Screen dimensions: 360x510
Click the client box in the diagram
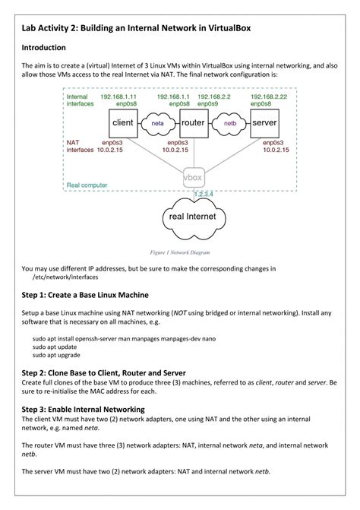pyautogui.click(x=123, y=123)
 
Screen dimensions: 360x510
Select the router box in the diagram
pyautogui.click(x=194, y=123)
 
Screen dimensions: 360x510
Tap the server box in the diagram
pyautogui.click(x=264, y=123)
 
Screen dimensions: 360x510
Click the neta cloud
pyautogui.click(x=158, y=124)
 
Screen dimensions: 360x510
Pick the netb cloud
pyautogui.click(x=229, y=124)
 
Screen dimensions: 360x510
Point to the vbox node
pyautogui.click(x=194, y=178)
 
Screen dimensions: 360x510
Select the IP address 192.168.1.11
pyautogui.click(x=118, y=97)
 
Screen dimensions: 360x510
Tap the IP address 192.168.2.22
pyautogui.click(x=269, y=97)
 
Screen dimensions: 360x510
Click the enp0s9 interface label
pyautogui.click(x=207, y=104)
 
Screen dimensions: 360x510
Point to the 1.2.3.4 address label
pyautogui.click(x=204, y=194)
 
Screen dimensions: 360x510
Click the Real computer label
pyautogui.click(x=87, y=185)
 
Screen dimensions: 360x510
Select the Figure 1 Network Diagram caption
pyautogui.click(x=180, y=252)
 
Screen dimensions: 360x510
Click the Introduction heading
pyautogui.click(x=43, y=47)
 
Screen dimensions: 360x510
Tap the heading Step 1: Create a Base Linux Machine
pyautogui.click(x=85, y=295)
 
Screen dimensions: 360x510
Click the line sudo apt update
pyautogui.click(x=55, y=347)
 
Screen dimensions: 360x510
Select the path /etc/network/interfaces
pyautogui.click(x=65, y=277)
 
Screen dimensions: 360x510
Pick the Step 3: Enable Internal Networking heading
pyautogui.click(x=84, y=409)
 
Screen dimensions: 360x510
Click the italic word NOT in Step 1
pyautogui.click(x=180, y=313)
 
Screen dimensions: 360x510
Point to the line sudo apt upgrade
pyautogui.click(x=56, y=355)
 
